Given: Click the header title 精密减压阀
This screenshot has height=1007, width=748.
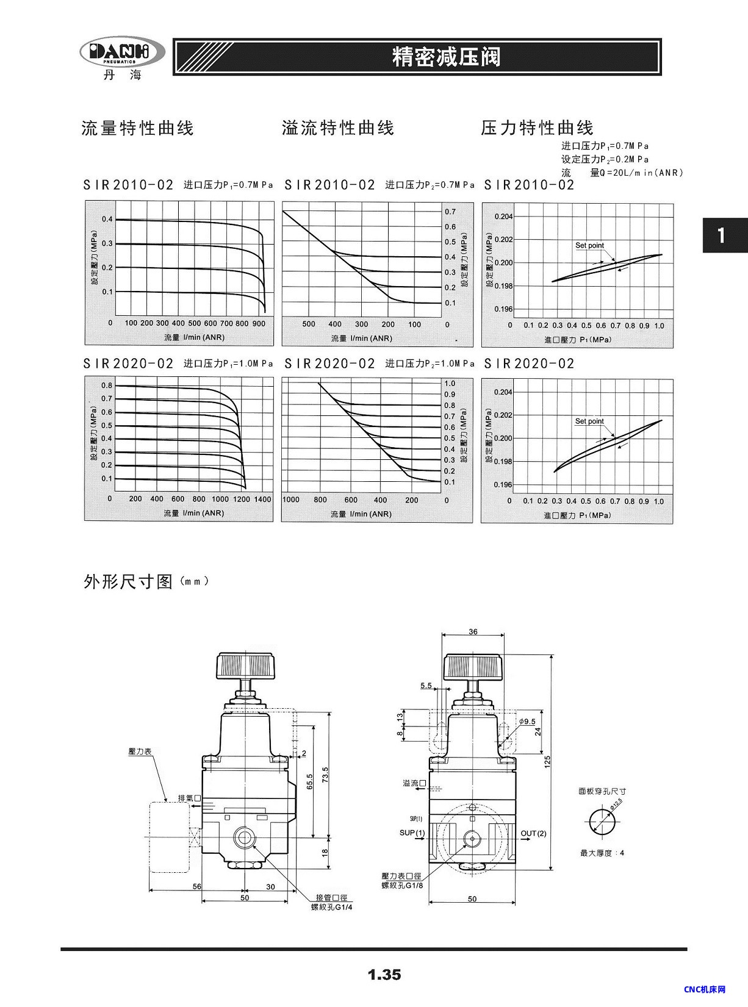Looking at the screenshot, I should (x=447, y=57).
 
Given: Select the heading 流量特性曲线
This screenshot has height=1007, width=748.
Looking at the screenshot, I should (x=137, y=128).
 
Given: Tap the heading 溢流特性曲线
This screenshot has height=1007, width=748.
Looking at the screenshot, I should (x=338, y=128).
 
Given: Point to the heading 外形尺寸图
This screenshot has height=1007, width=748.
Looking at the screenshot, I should (x=129, y=581).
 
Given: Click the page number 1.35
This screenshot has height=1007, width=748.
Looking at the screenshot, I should (x=384, y=975).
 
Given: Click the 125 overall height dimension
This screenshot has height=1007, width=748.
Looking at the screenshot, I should (x=547, y=761).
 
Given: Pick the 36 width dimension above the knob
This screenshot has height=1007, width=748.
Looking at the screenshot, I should (x=473, y=632).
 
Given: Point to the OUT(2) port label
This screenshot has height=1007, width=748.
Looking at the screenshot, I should (x=533, y=833).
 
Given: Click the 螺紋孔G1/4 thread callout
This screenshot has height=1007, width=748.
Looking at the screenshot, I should (x=332, y=907).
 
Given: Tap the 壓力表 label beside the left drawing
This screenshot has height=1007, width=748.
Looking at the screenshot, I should (x=140, y=752).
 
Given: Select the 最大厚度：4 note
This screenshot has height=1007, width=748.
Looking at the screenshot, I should (x=602, y=853).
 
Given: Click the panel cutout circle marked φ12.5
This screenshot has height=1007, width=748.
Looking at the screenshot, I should (x=602, y=820).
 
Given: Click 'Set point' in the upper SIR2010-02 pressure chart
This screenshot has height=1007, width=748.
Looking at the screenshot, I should (x=589, y=246).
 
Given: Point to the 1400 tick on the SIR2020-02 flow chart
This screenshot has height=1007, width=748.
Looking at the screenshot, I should (x=262, y=499).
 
